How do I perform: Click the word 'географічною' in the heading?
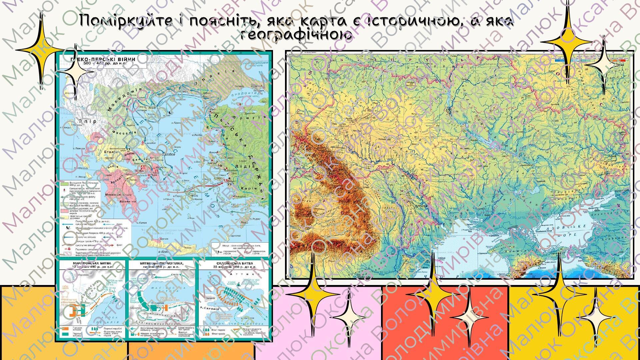pyautogui.click(x=296, y=35)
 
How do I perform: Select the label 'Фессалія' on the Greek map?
pyautogui.click(x=124, y=132)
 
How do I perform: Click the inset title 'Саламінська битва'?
pyautogui.click(x=234, y=263)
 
